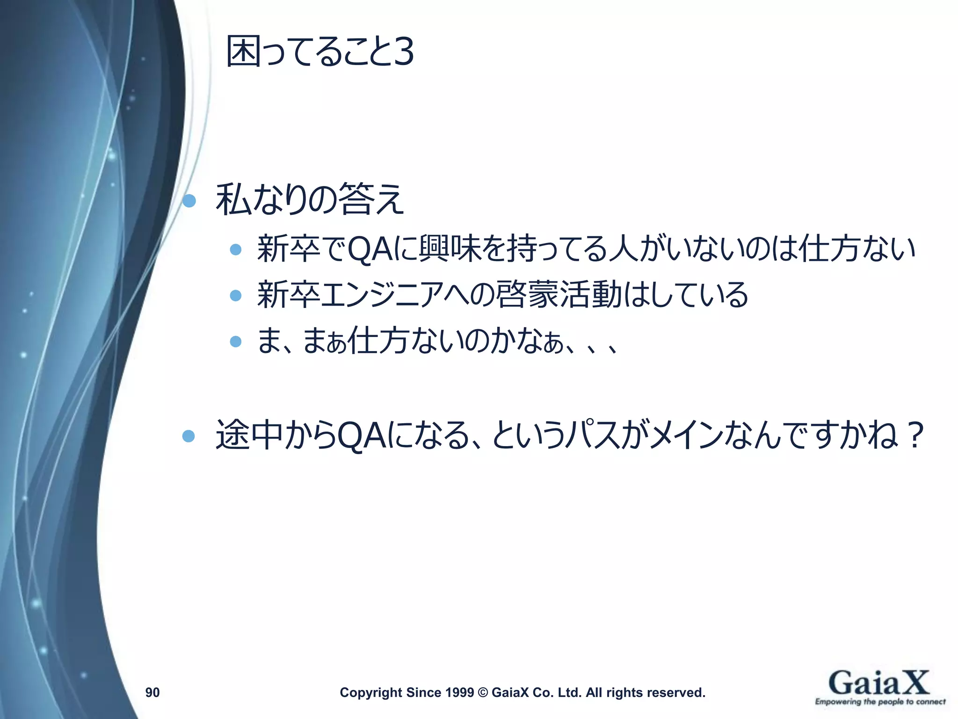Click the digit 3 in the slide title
pos(403,52)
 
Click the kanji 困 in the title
pos(243,51)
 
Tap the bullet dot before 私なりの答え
pos(189,201)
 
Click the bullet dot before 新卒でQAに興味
pos(236,249)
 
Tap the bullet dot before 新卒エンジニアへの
pos(236,295)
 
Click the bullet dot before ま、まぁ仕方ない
pos(236,341)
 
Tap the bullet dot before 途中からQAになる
pos(189,436)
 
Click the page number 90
pos(152,692)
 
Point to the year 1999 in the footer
pos(461,692)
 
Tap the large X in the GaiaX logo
pos(912,683)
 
